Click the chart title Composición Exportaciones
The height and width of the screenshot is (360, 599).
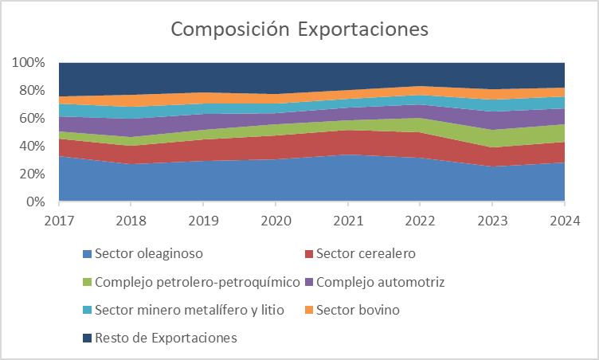point(299,29)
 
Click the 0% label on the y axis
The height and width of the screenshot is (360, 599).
point(35,202)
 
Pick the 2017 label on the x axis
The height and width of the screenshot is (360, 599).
point(59,217)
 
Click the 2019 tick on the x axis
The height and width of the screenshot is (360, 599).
point(203,217)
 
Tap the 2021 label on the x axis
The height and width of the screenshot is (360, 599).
point(348,217)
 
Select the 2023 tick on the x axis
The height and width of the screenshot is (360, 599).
point(492,217)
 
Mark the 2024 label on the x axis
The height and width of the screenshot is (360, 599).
point(564,217)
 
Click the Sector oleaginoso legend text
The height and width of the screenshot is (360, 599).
point(148,254)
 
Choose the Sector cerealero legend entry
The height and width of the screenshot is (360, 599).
point(366,254)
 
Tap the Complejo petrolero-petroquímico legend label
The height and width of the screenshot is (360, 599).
point(197,282)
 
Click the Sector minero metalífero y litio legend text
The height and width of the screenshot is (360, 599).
point(189,310)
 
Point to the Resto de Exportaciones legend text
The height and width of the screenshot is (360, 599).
point(166,338)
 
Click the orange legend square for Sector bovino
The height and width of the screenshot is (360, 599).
point(307,310)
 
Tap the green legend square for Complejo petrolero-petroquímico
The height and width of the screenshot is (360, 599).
point(87,282)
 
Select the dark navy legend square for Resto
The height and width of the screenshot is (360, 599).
point(87,338)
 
